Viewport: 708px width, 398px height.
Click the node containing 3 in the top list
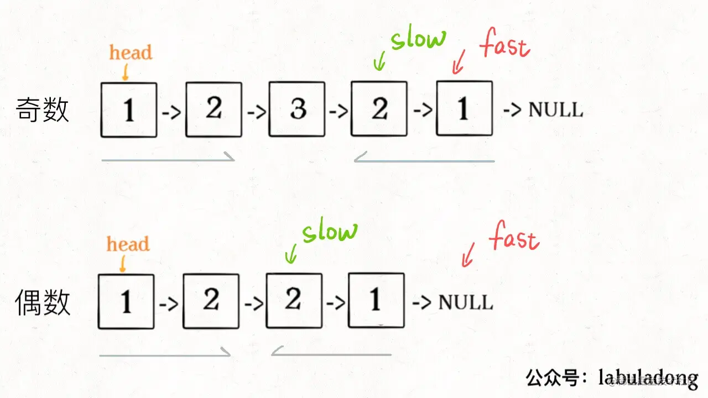296,109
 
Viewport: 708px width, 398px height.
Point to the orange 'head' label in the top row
131,53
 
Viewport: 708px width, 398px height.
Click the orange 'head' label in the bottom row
128,244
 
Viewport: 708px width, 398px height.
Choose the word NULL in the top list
555,109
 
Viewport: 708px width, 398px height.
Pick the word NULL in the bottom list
465,302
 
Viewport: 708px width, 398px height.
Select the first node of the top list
129,109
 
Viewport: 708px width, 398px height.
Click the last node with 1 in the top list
464,108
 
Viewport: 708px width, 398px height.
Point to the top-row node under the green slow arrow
379,109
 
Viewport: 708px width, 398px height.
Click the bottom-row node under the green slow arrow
294,301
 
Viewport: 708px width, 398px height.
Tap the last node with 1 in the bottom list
376,301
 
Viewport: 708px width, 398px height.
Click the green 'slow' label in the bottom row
330,231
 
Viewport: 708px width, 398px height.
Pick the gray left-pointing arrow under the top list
424,160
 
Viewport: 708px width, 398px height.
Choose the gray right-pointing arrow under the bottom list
165,353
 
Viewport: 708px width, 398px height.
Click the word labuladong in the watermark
648,378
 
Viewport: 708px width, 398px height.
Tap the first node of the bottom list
126,302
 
